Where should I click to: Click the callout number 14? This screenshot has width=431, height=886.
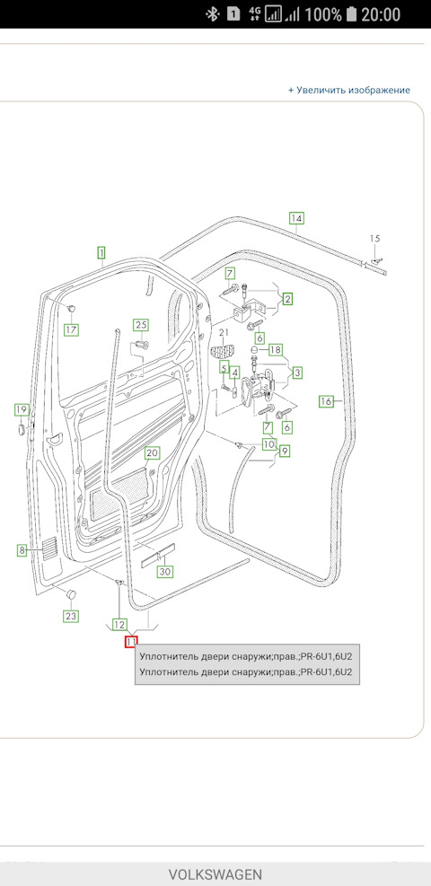296,217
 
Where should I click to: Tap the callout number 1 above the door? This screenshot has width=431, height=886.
101,252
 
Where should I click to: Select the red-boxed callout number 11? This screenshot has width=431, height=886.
131,642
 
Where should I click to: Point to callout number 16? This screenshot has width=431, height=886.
326,401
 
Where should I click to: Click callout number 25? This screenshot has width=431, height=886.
140,324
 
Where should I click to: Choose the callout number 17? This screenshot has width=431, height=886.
71,329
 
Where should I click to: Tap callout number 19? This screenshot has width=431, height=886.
21,410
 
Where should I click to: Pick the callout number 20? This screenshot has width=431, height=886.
153,453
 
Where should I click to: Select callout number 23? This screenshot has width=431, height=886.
70,616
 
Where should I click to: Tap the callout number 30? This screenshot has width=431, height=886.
164,572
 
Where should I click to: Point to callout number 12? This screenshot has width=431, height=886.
119,624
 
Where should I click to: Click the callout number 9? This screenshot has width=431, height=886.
284,452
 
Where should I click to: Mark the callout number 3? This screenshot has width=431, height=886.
297,372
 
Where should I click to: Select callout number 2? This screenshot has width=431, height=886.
287,299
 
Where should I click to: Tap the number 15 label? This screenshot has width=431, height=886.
375,238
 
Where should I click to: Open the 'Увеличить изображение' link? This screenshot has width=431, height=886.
349,90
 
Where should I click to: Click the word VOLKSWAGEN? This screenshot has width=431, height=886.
215,873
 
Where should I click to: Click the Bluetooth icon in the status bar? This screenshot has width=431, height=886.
213,14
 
